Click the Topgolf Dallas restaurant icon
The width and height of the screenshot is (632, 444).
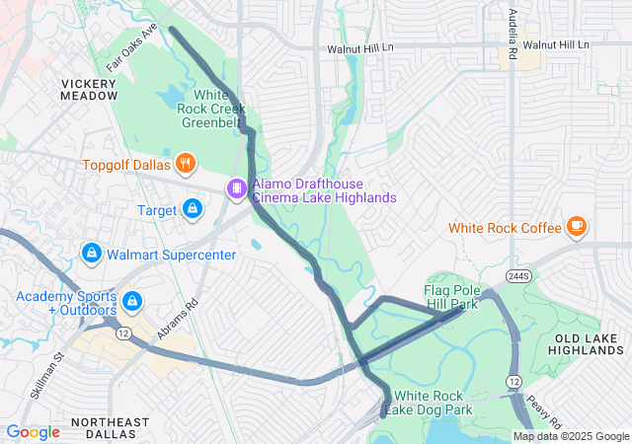[x=184, y=163]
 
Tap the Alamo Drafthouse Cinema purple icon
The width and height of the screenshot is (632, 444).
[x=237, y=187]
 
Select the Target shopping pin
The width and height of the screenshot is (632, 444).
[x=193, y=209]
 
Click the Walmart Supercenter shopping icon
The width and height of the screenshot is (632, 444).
[x=92, y=254]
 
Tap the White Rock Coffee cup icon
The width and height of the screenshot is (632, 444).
[x=577, y=228]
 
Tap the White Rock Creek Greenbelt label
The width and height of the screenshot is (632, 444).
[x=209, y=110]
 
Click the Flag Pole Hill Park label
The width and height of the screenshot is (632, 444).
[x=451, y=298]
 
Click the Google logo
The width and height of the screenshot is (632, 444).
[x=33, y=432]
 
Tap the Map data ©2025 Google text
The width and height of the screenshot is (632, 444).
[x=570, y=436]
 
